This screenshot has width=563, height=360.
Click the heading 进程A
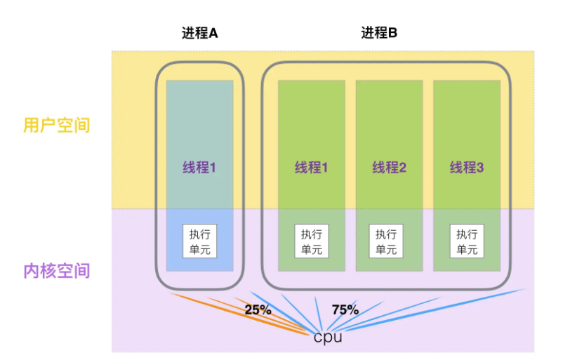199,33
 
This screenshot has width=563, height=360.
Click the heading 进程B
380,33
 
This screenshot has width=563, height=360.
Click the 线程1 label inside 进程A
199,168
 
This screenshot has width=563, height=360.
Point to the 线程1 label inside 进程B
311,168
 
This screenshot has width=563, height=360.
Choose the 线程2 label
389,168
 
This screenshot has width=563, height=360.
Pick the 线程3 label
466,168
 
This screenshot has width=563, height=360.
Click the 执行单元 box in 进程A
199,241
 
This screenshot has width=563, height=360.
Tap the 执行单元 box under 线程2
389,241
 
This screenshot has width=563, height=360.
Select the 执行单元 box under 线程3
466,241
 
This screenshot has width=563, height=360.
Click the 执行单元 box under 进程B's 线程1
311,241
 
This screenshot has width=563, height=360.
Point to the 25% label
258,309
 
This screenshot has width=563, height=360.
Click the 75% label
345,309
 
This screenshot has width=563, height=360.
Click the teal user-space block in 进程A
199,119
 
